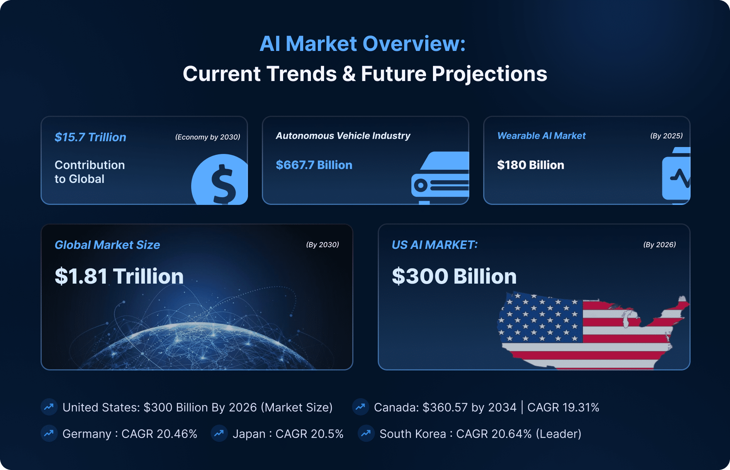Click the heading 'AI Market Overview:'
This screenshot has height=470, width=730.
[362, 44]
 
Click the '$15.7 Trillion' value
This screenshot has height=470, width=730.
[90, 137]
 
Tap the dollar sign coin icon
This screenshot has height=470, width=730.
[220, 179]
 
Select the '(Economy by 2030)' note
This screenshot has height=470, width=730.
[208, 137]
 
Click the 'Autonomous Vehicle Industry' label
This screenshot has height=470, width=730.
[343, 136]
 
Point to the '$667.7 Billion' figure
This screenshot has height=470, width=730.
[314, 165]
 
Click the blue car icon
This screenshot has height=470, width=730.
[440, 178]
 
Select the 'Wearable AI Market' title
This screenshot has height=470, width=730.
[542, 136]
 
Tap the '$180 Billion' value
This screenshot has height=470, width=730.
[531, 165]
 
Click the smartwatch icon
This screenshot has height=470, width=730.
[677, 176]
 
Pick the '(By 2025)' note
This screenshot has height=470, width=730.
[667, 136]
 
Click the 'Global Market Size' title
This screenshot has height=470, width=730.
[107, 245]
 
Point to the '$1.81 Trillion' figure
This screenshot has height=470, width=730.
[119, 276]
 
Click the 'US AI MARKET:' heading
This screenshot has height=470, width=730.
[435, 245]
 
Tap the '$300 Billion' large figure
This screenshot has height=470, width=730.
[454, 276]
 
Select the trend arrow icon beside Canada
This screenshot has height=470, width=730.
[360, 407]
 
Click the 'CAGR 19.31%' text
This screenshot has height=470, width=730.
[563, 407]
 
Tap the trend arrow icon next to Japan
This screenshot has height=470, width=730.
[219, 434]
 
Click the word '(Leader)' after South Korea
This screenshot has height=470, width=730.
[559, 434]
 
